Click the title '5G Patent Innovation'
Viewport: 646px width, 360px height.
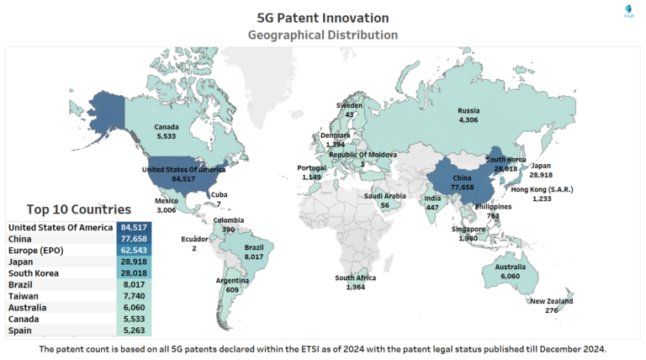pyautogui.click(x=323, y=17)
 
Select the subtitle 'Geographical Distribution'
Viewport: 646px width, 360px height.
pyautogui.click(x=323, y=35)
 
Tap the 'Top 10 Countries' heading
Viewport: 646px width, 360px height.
pyautogui.click(x=78, y=209)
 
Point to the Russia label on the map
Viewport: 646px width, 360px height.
pyautogui.click(x=469, y=111)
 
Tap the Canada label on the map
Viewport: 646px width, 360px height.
pyautogui.click(x=167, y=127)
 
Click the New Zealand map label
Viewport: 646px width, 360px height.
pyautogui.click(x=551, y=301)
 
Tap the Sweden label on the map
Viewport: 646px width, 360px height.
pyautogui.click(x=349, y=105)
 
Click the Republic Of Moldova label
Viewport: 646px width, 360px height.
pyautogui.click(x=363, y=155)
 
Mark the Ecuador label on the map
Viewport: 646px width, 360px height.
pyautogui.click(x=194, y=239)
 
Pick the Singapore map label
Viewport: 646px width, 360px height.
pyautogui.click(x=468, y=229)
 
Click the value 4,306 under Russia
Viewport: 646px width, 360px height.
pyautogui.click(x=469, y=121)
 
